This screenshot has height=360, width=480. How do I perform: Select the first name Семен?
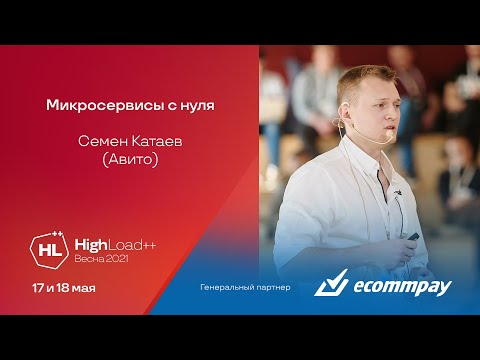(x=103, y=141)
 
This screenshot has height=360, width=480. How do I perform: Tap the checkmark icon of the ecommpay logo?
(x=331, y=286)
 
